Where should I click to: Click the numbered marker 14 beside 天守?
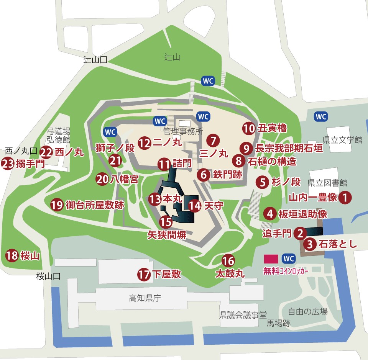tap(195, 206)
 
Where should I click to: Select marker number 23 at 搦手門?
tap(8, 164)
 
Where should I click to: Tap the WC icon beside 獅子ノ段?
tap(110, 131)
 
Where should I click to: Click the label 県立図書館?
tap(327, 182)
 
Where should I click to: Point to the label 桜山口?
tap(49, 276)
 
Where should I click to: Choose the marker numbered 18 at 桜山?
tap(12, 255)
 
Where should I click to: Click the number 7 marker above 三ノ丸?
tap(213, 139)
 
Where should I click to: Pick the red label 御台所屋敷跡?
tap(95, 205)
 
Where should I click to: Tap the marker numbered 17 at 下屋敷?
tap(144, 274)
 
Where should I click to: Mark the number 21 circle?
tap(115, 160)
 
